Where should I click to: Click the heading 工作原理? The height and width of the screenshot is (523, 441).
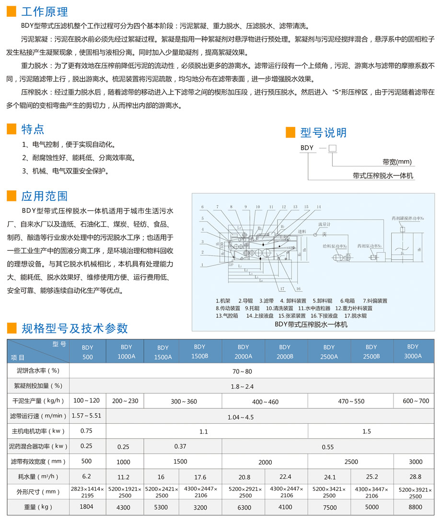[45, 12]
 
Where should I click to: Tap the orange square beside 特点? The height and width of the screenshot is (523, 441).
[12, 128]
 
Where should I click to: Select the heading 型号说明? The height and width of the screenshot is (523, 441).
[323, 132]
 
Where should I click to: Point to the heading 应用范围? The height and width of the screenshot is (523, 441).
[45, 196]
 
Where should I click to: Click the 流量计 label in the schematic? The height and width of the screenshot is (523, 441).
[324, 224]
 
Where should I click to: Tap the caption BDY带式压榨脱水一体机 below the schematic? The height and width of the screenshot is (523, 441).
[311, 324]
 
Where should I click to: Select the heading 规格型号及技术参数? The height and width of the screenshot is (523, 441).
[75, 328]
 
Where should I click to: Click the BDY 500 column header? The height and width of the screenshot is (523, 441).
[87, 351]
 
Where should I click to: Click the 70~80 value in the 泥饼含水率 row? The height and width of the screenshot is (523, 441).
[242, 371]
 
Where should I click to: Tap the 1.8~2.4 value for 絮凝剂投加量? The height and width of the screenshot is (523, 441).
[242, 386]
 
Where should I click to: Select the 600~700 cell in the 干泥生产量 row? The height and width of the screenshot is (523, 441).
[416, 401]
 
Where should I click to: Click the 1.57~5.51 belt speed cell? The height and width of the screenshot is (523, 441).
[86, 416]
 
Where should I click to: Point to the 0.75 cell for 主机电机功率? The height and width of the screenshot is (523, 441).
[86, 431]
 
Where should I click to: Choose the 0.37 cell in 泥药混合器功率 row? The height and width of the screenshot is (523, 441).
[180, 446]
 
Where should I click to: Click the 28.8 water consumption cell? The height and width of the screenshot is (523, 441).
[416, 477]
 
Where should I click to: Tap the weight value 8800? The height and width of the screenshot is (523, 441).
[416, 507]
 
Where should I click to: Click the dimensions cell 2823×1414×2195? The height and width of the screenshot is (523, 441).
[87, 492]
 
